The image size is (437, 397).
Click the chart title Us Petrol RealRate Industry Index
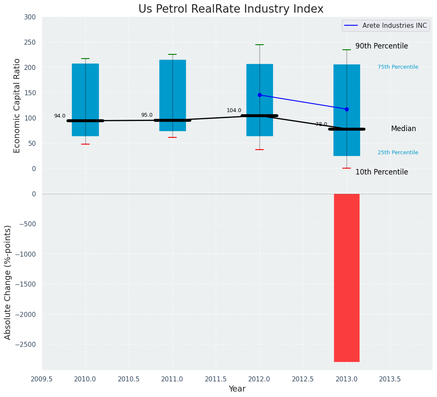tap(231, 9)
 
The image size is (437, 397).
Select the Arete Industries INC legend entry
tap(386, 26)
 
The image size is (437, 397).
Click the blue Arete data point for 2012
tap(260, 95)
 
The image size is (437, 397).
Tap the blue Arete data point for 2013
tap(347, 109)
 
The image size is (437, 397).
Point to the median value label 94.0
tap(60, 116)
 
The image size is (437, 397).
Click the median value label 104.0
tap(234, 110)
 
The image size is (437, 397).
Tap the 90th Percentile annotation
tap(381, 46)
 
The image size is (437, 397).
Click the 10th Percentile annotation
tap(381, 172)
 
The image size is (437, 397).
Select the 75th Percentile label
tap(398, 67)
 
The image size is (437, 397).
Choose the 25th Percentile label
tap(398, 153)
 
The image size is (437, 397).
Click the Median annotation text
tap(403, 129)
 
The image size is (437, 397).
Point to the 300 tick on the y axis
tap(30, 17)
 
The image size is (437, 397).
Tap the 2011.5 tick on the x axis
tap(216, 379)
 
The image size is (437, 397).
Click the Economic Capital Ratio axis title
tap(17, 105)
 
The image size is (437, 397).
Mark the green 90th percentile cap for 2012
tap(260, 45)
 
